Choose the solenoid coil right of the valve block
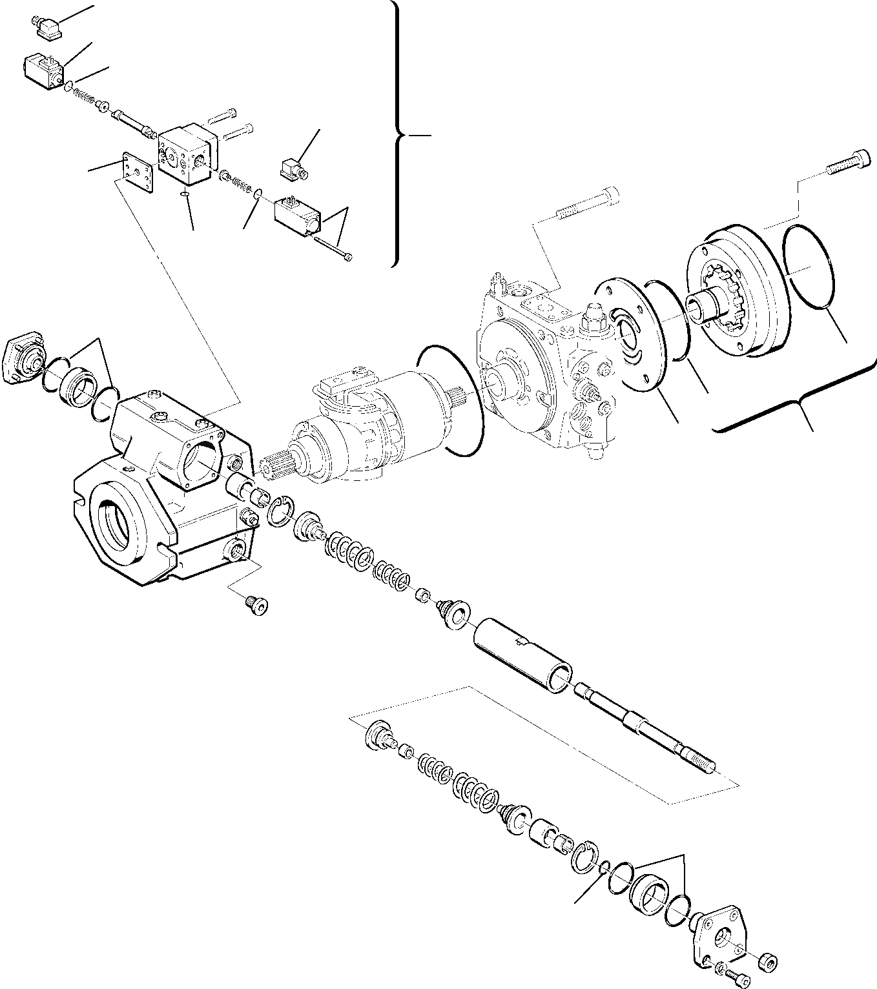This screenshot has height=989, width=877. click(x=296, y=216)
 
